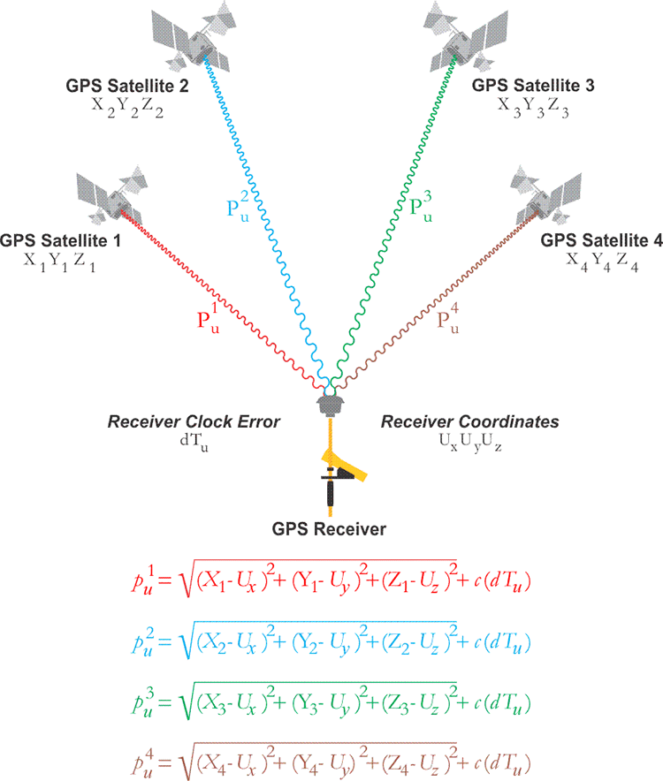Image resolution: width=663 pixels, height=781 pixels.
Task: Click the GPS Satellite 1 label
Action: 60,239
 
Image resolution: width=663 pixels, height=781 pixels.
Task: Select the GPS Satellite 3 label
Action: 533,86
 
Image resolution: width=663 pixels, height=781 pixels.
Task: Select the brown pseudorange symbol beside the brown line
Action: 449,319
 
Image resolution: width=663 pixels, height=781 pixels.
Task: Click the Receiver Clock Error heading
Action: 194,422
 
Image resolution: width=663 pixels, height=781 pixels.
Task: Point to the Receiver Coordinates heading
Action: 469,422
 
